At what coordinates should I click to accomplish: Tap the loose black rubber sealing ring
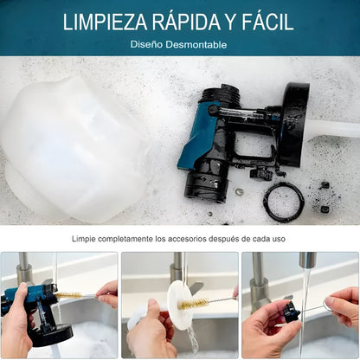(x=283, y=202)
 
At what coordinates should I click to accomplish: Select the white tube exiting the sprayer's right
(x=333, y=129)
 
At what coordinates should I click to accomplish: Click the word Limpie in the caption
(x=87, y=239)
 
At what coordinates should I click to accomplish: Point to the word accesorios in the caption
(x=198, y=239)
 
